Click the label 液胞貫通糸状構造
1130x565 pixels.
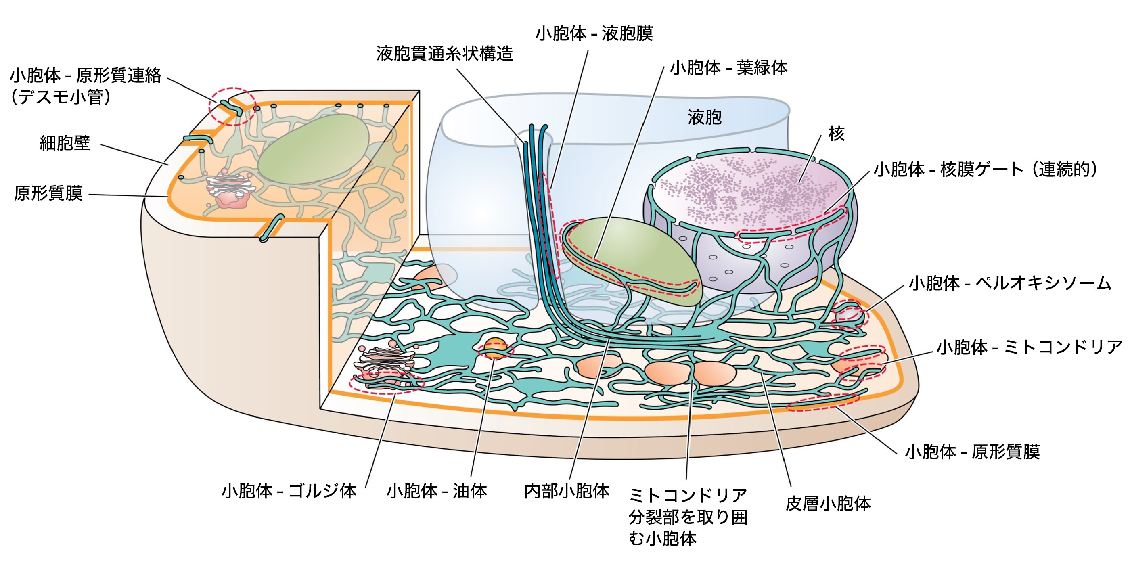click(444, 54)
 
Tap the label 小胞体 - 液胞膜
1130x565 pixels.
click(594, 33)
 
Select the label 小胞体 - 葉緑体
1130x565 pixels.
click(728, 68)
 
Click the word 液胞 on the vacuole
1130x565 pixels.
click(705, 117)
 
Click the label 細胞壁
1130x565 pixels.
click(65, 143)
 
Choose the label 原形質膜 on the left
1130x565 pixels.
click(48, 193)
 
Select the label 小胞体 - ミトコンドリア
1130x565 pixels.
click(1029, 347)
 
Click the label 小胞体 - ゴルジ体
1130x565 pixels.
click(289, 491)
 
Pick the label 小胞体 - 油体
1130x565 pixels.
click(437, 491)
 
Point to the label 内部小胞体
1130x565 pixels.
click(567, 491)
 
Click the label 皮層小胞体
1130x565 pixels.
click(828, 504)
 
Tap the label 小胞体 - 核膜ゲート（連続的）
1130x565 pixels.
click(985, 169)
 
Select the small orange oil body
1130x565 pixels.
click(494, 348)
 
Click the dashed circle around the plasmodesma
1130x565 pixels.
click(232, 106)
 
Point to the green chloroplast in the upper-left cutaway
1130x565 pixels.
click(314, 149)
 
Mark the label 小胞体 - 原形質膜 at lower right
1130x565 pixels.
click(973, 452)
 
